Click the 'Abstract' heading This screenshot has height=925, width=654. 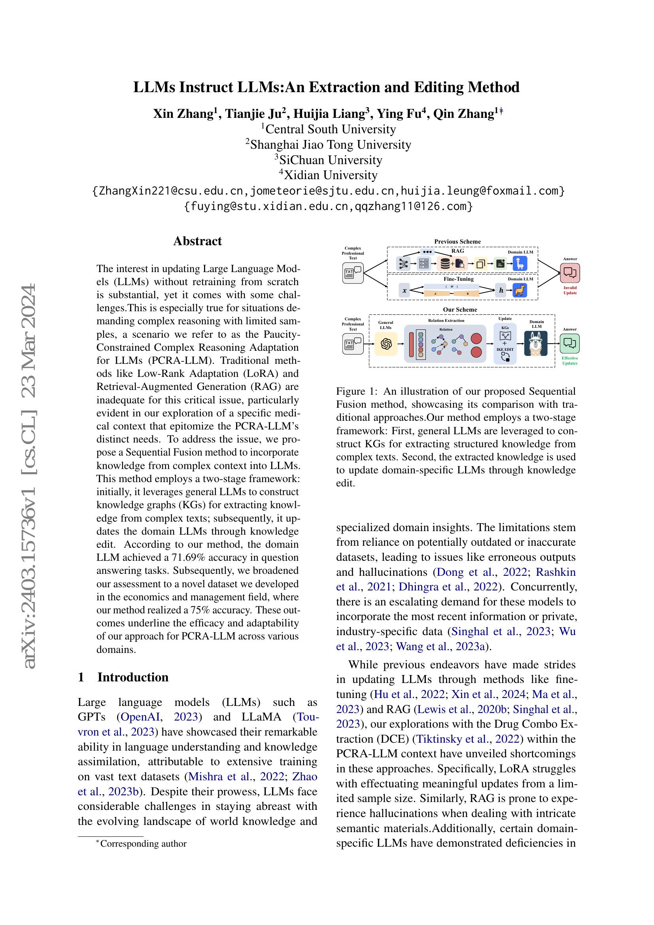pyautogui.click(x=197, y=241)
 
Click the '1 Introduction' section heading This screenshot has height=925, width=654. pyautogui.click(x=123, y=677)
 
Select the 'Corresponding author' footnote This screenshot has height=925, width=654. pyautogui.click(x=143, y=844)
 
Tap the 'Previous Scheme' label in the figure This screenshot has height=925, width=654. pyautogui.click(x=457, y=242)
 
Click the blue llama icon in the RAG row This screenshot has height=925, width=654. pyautogui.click(x=520, y=264)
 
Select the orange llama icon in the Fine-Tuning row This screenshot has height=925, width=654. pyautogui.click(x=520, y=290)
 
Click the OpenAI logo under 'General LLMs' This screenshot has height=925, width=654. pyautogui.click(x=386, y=344)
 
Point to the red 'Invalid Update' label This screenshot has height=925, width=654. pyautogui.click(x=570, y=290)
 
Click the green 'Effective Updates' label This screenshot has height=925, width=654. pyautogui.click(x=570, y=361)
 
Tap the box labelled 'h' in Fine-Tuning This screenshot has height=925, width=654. pyautogui.click(x=501, y=290)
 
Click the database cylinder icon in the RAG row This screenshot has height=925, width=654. pyautogui.click(x=445, y=264)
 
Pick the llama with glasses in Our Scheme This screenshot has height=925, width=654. pyautogui.click(x=536, y=344)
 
